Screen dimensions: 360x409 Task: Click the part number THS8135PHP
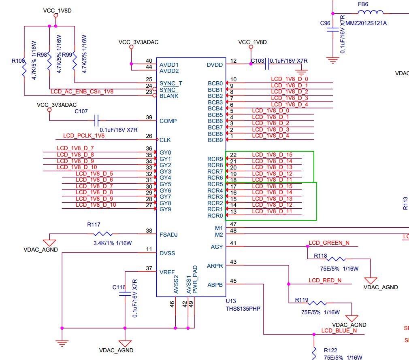pos(243,308)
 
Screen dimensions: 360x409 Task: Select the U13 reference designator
pos(231,301)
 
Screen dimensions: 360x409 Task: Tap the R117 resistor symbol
pos(103,234)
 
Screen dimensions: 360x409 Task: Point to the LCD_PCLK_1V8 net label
pos(84,136)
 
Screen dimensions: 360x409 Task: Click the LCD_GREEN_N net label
pos(329,243)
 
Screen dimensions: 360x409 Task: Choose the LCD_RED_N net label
pos(325,280)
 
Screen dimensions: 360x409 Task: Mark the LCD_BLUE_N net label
pos(339,330)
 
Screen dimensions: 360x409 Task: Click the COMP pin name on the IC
pos(168,121)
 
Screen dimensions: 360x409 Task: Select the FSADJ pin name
pos(168,234)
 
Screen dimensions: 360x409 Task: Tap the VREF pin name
pos(167,272)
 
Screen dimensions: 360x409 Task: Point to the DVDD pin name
pos(215,65)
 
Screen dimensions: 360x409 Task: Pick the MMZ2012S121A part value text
pos(366,23)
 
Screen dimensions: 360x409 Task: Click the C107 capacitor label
pos(81,111)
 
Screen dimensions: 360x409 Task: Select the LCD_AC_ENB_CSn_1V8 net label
pos(82,92)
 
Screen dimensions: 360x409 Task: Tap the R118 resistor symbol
pos(336,259)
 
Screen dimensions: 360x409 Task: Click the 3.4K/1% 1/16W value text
pos(109,243)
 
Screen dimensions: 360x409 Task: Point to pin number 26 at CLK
pos(149,136)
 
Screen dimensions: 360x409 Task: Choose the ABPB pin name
pos(215,285)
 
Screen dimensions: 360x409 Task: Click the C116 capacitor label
pos(119,287)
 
